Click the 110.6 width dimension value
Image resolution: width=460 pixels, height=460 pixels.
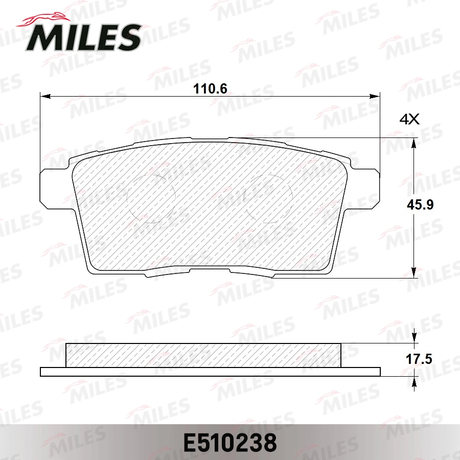tap(210, 89)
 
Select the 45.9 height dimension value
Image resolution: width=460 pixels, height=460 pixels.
tap(420, 205)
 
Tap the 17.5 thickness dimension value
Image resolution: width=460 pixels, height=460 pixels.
tap(419, 359)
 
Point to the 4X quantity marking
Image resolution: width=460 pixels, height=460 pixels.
tap(409, 120)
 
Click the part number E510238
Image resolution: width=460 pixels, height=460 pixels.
tap(229, 442)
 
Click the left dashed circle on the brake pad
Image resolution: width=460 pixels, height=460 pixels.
tap(151, 195)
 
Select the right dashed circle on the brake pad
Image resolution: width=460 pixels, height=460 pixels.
tap(269, 195)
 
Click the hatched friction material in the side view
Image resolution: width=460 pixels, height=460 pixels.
tap(203, 355)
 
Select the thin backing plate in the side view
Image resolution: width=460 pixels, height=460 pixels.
tap(210, 372)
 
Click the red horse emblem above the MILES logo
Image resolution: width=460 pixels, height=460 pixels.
tap(38, 19)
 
